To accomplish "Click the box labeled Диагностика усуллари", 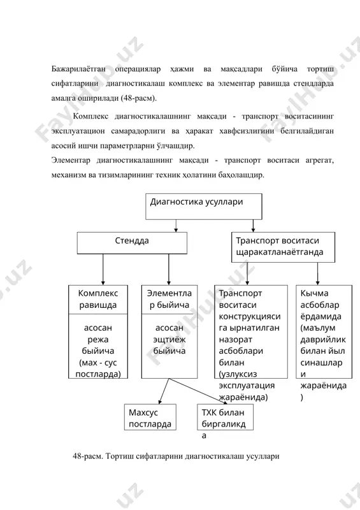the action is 204,207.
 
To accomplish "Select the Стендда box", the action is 132,243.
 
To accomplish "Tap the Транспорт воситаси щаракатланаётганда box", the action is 284,247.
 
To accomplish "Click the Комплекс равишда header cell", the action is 98,300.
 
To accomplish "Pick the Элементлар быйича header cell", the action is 169,300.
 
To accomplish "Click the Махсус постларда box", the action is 150,418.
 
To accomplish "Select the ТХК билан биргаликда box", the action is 226,418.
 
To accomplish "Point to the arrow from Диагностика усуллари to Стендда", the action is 176,226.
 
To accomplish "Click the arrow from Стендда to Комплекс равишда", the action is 103,270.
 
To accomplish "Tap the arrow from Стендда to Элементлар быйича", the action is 169,270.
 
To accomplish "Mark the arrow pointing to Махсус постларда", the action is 164,391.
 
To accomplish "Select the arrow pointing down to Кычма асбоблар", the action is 318,274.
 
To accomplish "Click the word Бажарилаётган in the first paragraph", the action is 78,69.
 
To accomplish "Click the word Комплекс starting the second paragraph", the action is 90,116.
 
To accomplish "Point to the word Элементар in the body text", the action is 71,161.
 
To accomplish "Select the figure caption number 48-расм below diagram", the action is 88,456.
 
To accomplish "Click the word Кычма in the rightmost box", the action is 314,293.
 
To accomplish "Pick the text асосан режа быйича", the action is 98,339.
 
